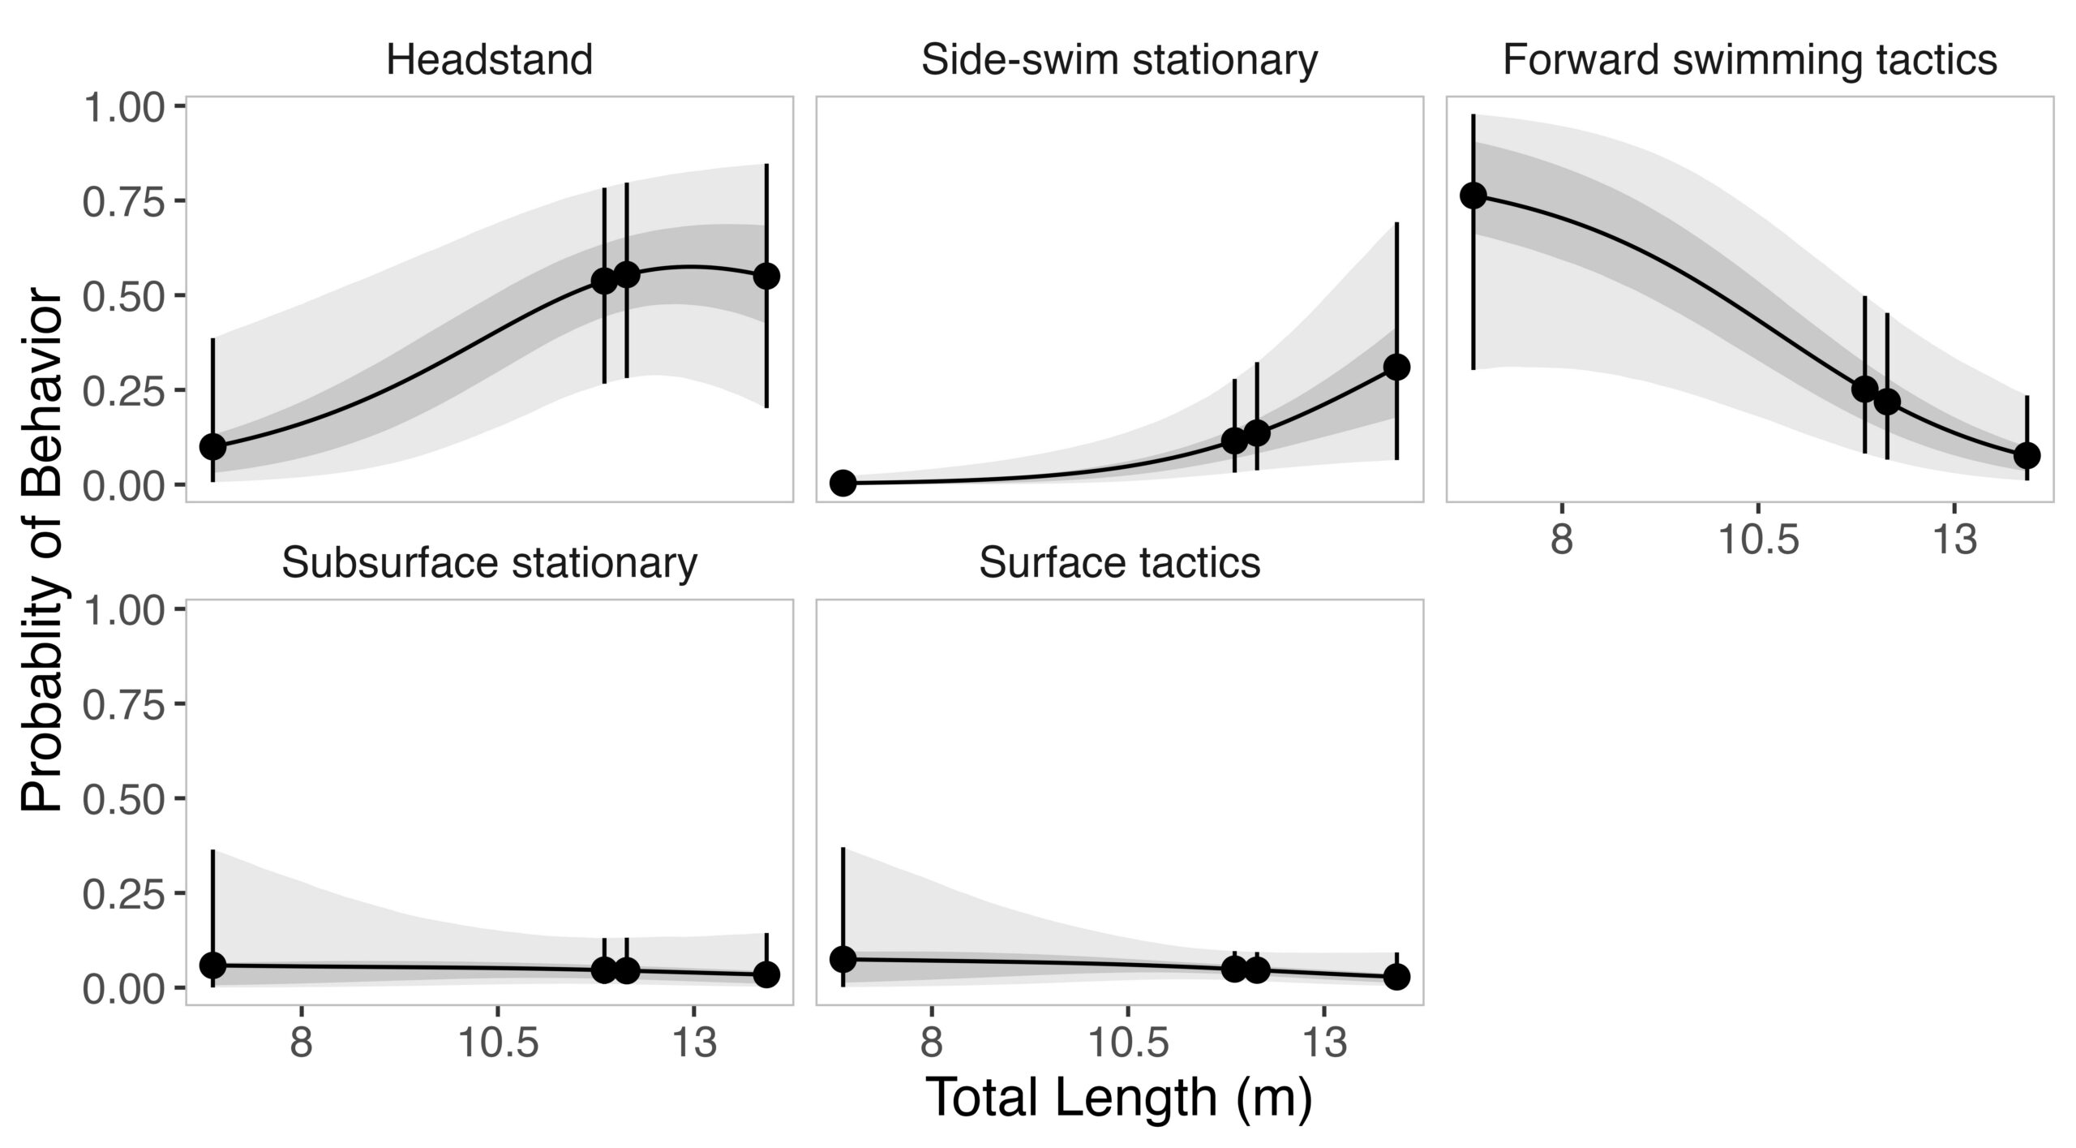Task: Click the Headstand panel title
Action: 489,61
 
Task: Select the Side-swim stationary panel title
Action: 1119,61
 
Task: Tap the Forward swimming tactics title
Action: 1750,61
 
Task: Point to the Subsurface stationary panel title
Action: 489,563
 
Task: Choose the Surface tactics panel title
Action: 1119,563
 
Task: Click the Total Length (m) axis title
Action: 1119,1098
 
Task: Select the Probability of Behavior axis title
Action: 42,552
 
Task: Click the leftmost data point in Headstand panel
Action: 212,445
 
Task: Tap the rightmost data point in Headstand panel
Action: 766,276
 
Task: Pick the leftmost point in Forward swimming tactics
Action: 1473,196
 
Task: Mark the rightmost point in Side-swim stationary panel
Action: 1396,367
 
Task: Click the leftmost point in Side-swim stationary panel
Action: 843,483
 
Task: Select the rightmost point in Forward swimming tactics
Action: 2027,455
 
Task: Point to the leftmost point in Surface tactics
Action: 843,959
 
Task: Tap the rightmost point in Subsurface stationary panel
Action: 766,974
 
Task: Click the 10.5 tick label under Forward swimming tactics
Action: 1757,540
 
